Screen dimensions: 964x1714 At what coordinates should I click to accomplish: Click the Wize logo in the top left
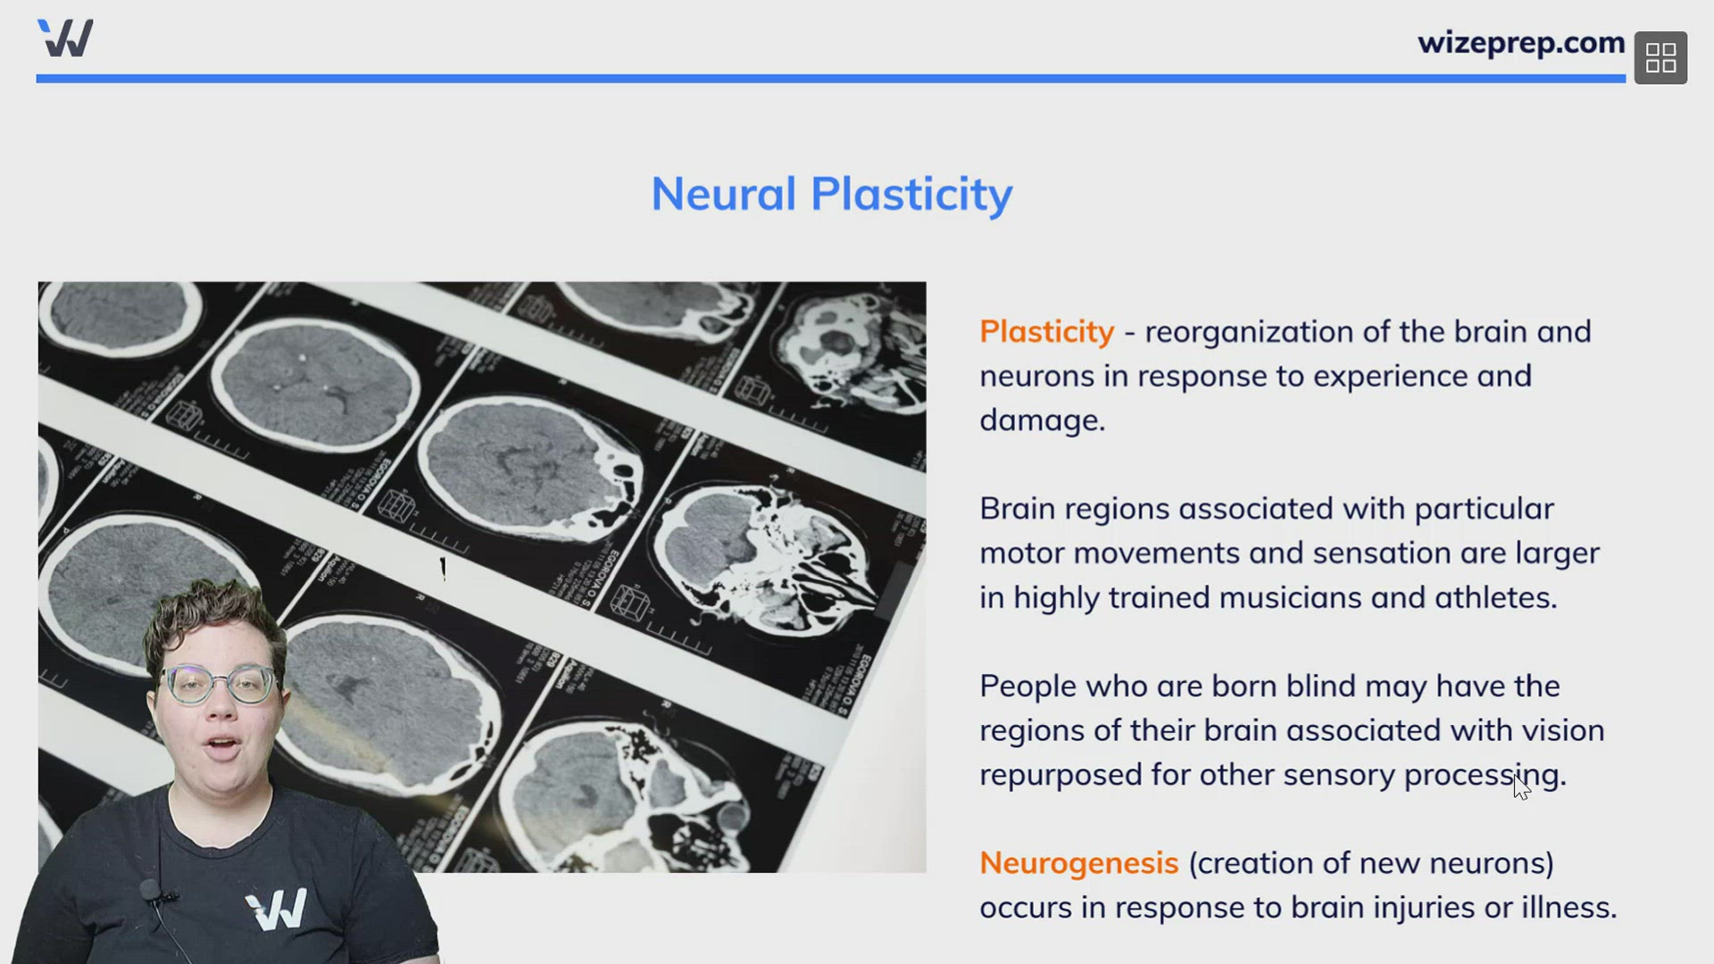(65, 38)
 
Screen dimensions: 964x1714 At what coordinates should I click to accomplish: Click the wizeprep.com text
(1520, 43)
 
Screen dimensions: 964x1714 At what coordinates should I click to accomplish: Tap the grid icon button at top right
(1660, 58)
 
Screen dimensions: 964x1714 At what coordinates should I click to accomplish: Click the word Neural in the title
(723, 194)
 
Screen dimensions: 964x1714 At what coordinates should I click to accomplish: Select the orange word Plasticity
(1046, 331)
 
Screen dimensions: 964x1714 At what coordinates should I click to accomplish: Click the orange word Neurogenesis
(1078, 863)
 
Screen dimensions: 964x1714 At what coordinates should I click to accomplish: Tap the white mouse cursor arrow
(1521, 786)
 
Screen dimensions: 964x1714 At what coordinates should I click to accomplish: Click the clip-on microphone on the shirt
(150, 890)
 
